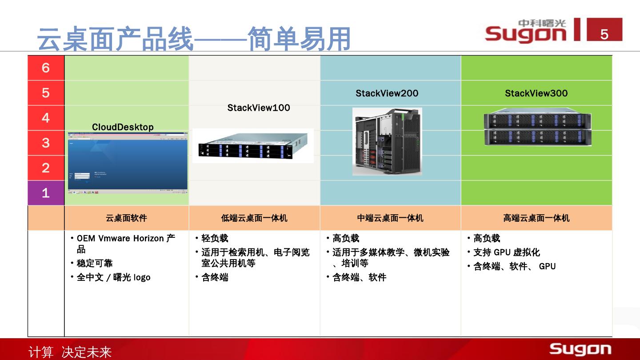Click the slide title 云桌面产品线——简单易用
(194, 39)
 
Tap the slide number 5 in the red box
(604, 34)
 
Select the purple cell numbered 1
(46, 193)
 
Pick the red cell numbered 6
(46, 68)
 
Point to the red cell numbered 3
(46, 143)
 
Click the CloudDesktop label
(123, 127)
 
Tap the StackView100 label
(259, 108)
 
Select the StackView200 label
(387, 93)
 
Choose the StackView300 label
(536, 93)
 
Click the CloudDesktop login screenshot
(128, 163)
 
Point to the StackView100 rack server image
(253, 146)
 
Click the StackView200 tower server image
(387, 141)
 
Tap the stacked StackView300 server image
(537, 128)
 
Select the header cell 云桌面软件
(126, 218)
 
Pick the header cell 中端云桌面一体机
(390, 218)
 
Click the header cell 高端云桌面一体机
(536, 218)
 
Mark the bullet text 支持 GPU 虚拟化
(506, 252)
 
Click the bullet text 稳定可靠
(95, 264)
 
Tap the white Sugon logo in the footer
(580, 349)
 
